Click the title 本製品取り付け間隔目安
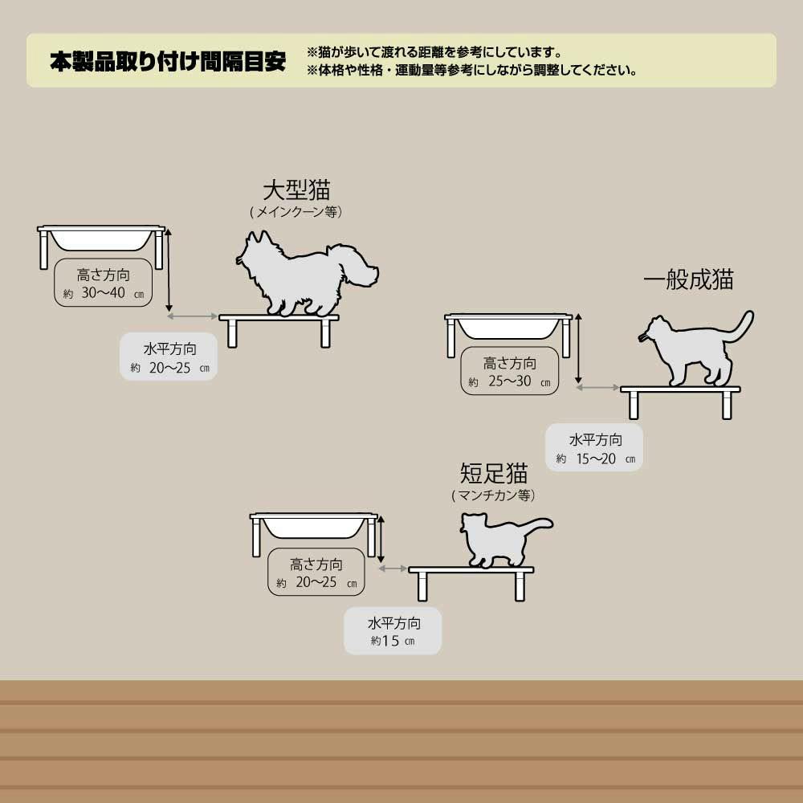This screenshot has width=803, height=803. [x=168, y=62]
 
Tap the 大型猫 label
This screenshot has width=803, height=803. [x=296, y=190]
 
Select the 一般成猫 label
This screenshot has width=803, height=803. [x=688, y=279]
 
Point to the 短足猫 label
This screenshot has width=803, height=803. [x=494, y=473]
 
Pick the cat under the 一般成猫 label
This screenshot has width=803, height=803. [x=695, y=349]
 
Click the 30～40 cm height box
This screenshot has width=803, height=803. [x=104, y=283]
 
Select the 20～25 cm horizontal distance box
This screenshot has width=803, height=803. [x=169, y=357]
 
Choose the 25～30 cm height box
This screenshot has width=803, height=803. [x=510, y=371]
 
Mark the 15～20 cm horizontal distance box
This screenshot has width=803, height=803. [x=594, y=447]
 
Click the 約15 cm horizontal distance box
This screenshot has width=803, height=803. [x=393, y=631]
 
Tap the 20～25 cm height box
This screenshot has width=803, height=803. [x=316, y=572]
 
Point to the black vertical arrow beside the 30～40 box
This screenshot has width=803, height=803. [x=169, y=270]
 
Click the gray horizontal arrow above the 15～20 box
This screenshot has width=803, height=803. [x=597, y=388]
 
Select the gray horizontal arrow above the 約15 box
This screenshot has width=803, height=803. [x=393, y=569]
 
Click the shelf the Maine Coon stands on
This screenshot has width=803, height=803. [x=279, y=330]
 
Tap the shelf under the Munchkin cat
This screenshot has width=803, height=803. [x=471, y=583]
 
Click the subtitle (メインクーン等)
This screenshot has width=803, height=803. [x=296, y=211]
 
